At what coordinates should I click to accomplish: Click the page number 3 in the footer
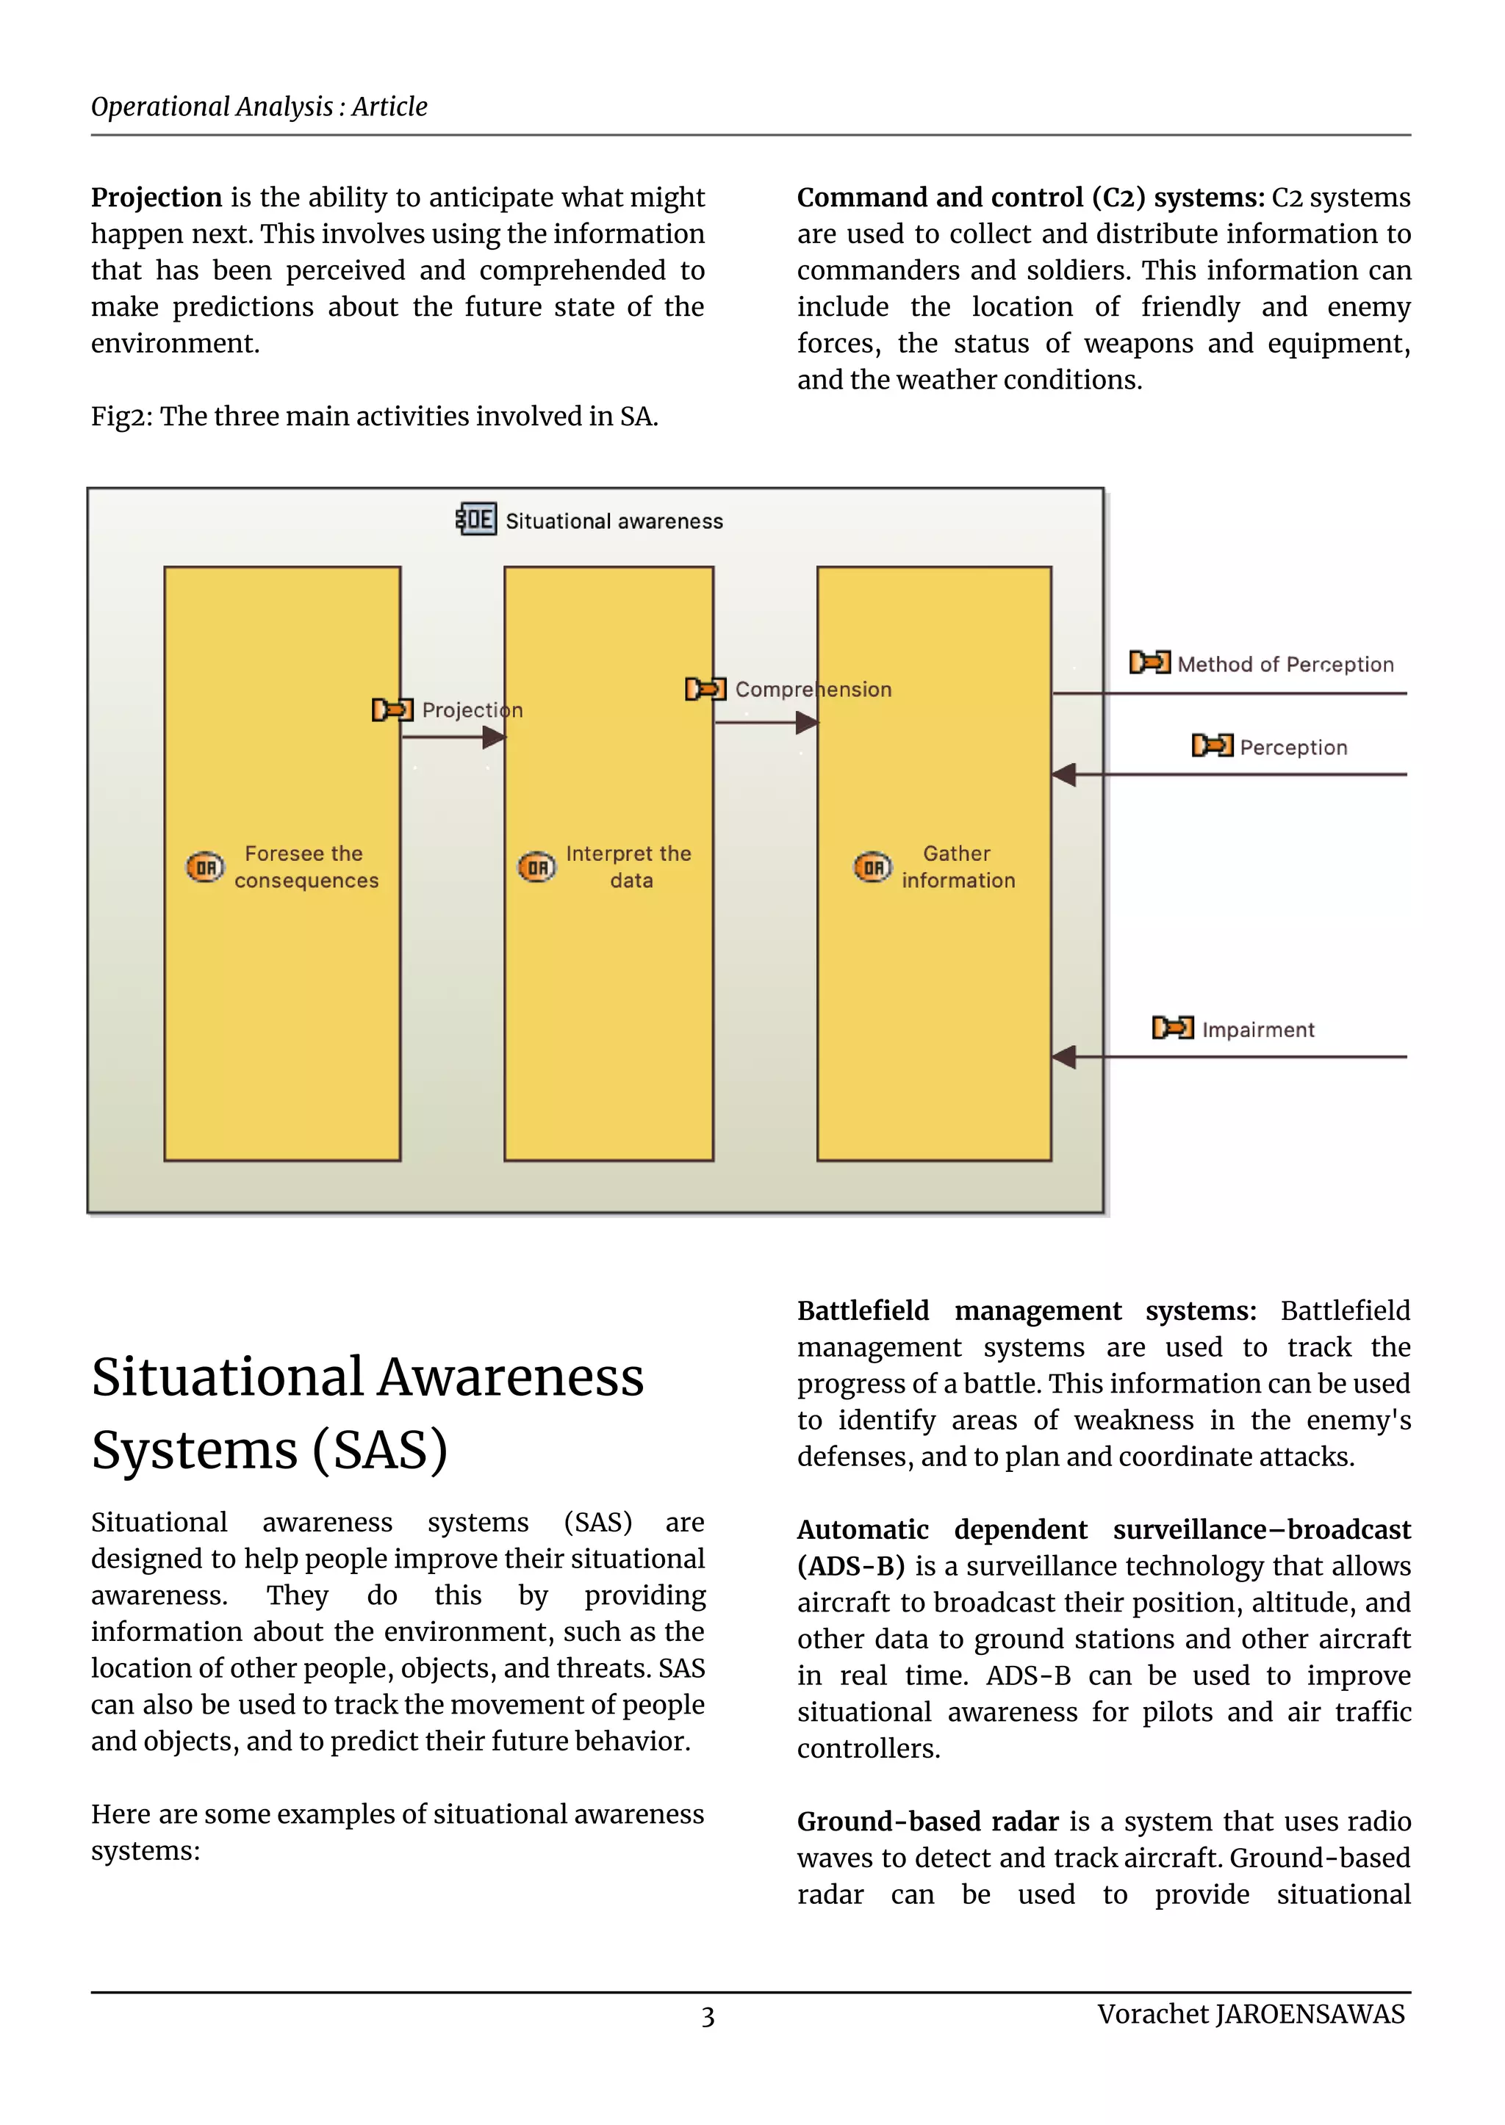[707, 2016]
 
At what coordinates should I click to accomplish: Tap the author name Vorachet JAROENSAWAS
[1250, 2014]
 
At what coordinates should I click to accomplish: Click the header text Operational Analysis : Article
[259, 107]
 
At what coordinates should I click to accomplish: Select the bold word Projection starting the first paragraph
[156, 198]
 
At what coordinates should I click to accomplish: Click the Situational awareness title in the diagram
[614, 522]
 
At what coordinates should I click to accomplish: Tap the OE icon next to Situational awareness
[476, 519]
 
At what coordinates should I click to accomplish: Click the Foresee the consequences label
[305, 867]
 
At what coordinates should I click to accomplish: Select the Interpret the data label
[628, 867]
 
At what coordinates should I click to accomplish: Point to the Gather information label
[958, 867]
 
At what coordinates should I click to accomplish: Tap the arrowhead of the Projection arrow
[495, 737]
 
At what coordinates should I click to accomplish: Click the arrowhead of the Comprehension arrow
[807, 723]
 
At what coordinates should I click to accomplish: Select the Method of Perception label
[1285, 664]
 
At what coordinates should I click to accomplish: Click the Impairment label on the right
[1257, 1029]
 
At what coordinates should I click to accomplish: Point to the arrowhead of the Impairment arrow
[1064, 1056]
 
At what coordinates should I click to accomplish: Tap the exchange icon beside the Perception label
[1211, 746]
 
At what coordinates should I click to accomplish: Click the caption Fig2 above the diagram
[373, 417]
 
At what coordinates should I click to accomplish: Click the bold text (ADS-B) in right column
[851, 1567]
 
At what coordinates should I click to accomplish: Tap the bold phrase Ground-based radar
[927, 1822]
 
